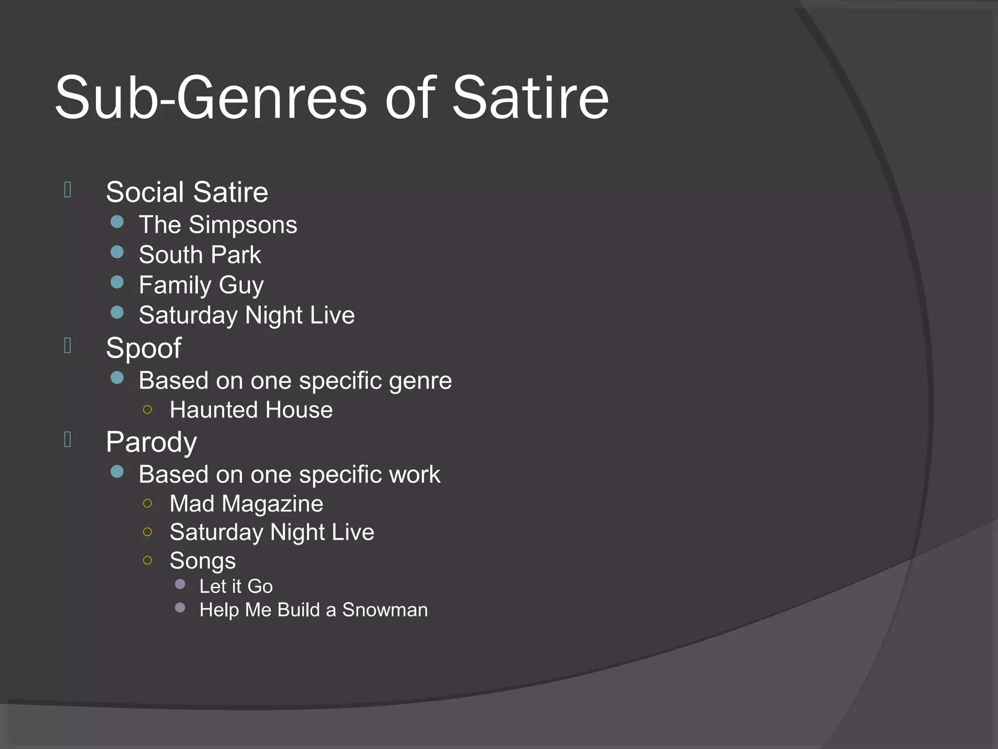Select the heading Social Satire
coord(187,192)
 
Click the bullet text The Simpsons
coord(218,225)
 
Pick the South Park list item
coord(200,255)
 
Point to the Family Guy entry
coord(201,285)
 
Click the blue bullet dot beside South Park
coord(117,252)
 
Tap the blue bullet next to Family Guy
coord(117,282)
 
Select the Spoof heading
coord(144,348)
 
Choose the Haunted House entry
coord(251,410)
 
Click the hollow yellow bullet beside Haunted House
coord(148,410)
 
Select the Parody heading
coord(152,442)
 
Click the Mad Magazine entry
coord(246,504)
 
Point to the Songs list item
coord(203,561)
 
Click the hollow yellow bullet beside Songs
coord(148,560)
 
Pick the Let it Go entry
coord(236,586)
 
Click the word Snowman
coord(385,610)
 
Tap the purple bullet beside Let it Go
coord(180,584)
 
